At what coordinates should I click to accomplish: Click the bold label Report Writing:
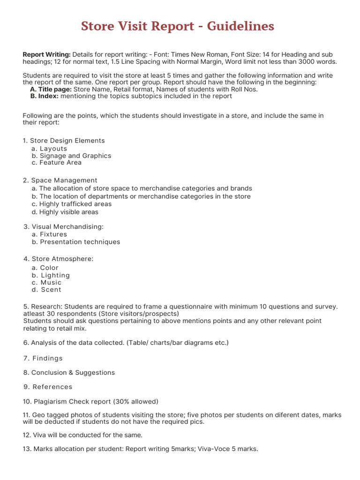pyautogui.click(x=47, y=54)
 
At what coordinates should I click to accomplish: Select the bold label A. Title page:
pyautogui.click(x=51, y=89)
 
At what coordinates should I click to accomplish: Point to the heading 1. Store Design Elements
pyautogui.click(x=64, y=141)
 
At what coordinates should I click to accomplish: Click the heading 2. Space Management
pyautogui.click(x=60, y=180)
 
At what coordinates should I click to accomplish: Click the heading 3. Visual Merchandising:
pyautogui.click(x=64, y=227)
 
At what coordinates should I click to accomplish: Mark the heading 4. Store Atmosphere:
pyautogui.click(x=59, y=259)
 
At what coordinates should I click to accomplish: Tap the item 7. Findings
pyautogui.click(x=43, y=358)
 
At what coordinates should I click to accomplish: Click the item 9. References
pyautogui.click(x=48, y=387)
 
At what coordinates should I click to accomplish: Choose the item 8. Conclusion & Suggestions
pyautogui.click(x=69, y=373)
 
